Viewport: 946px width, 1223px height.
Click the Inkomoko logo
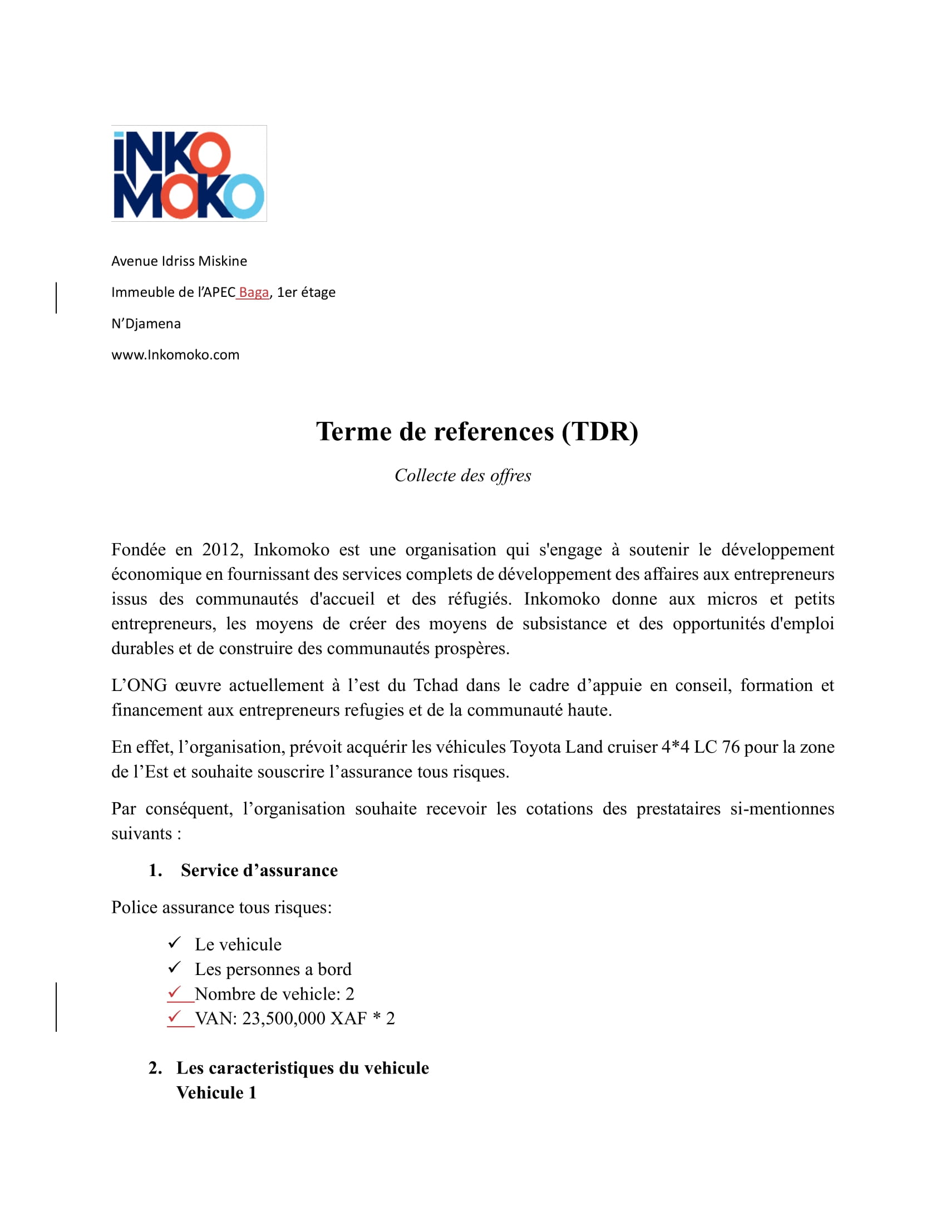click(189, 173)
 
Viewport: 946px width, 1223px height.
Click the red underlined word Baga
click(254, 292)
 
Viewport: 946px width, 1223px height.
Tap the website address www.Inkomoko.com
click(175, 355)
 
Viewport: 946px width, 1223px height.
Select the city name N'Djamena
click(146, 324)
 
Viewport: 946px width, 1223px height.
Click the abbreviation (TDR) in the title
click(600, 432)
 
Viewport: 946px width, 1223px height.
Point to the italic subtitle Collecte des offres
click(462, 475)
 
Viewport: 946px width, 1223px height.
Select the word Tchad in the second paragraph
click(435, 685)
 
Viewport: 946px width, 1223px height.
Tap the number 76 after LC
click(730, 747)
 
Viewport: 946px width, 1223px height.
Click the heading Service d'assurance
click(259, 870)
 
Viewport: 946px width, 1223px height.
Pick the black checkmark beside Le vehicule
click(174, 943)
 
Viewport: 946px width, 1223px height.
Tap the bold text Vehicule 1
click(216, 1092)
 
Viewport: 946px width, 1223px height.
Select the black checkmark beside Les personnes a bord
click(174, 968)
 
